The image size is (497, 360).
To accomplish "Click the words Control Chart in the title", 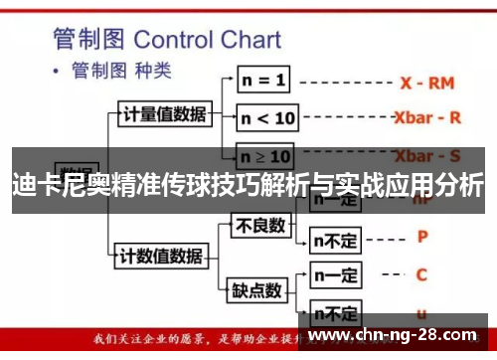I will tap(207, 41).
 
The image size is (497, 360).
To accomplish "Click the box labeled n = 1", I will tap(263, 79).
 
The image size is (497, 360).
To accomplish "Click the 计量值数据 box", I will tap(164, 113).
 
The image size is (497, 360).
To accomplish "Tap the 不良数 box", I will tap(258, 227).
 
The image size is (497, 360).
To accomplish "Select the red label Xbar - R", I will tap(427, 117).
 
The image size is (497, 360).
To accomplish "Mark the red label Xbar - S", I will tap(427, 156).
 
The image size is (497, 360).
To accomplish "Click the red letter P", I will tap(422, 238).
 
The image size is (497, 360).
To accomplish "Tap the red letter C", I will tap(421, 274).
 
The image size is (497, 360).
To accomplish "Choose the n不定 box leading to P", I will tap(335, 239).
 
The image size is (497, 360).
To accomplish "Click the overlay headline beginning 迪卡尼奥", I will tap(248, 184).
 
